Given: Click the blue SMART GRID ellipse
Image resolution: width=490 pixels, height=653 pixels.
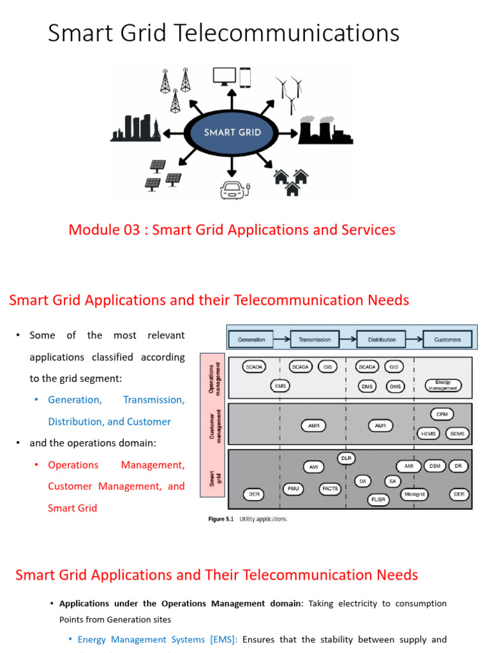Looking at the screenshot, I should coord(232,133).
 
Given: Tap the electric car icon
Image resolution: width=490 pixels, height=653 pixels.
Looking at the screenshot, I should coord(234,189).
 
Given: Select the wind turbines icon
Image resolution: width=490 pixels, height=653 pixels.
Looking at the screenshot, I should coord(289,94).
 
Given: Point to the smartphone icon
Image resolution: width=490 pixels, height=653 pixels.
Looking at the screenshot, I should coord(246,77).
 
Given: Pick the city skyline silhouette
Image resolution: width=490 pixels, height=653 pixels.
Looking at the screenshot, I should coord(135,128).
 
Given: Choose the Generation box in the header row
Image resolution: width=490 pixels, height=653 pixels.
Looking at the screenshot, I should coord(251,340).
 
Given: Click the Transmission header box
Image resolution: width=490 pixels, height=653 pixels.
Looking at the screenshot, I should coord(315,340).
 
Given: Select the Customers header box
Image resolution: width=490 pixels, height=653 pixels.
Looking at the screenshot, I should coord(447,340).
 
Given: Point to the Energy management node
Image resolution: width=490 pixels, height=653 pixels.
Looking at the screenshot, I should coord(443,385).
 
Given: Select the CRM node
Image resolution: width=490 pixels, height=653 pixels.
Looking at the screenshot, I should coord(443,414).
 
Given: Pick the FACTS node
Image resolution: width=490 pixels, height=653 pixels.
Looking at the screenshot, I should coord(330,488).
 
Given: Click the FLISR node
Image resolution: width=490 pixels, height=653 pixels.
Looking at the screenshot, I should coord(378,500).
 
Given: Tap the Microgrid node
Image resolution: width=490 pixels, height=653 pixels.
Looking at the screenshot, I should coord(414,494).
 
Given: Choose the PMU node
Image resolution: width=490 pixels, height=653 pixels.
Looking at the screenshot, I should coord(293,488).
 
